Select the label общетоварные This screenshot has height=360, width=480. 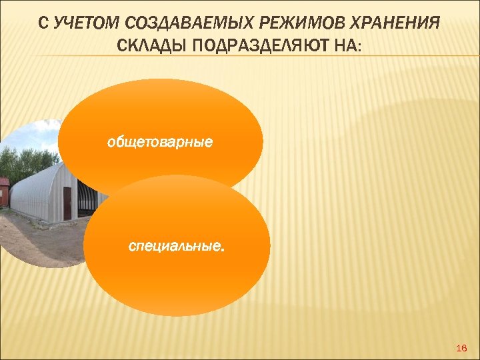pyautogui.click(x=160, y=141)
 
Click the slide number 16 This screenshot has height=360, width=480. pyautogui.click(x=460, y=349)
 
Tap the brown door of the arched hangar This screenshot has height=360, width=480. pyautogui.click(x=67, y=203)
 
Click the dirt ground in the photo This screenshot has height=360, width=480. pyautogui.click(x=40, y=240)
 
